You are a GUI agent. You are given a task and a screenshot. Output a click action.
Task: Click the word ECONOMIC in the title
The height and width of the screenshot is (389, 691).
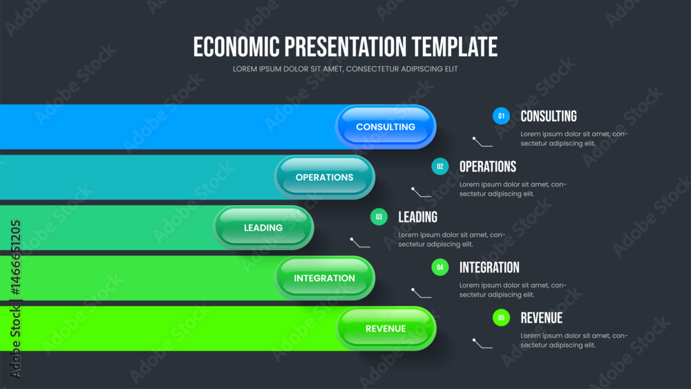(236, 47)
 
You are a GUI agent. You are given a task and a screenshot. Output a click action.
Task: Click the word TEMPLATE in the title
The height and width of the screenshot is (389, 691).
(455, 47)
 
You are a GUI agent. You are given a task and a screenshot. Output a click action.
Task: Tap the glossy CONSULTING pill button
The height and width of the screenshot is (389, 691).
(386, 127)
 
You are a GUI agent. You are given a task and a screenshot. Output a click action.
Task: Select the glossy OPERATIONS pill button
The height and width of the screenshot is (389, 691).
(324, 177)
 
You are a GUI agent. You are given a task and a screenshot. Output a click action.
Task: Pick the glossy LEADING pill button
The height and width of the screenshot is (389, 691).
(263, 228)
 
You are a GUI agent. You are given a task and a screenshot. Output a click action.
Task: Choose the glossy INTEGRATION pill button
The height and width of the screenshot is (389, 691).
(324, 278)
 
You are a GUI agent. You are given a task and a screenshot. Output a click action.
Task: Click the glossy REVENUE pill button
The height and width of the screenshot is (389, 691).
(386, 329)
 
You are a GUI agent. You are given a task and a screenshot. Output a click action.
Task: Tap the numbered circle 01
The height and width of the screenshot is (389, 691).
(501, 116)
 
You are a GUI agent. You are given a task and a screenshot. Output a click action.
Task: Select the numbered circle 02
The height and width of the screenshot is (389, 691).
(439, 167)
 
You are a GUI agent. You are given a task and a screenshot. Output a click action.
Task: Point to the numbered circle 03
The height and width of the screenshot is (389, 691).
(379, 217)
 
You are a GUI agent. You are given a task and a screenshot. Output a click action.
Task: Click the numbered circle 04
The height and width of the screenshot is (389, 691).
(439, 267)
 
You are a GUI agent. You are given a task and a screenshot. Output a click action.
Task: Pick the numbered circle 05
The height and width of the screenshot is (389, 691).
(501, 318)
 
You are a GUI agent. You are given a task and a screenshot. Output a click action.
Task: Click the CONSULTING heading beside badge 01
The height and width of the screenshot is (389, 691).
(549, 116)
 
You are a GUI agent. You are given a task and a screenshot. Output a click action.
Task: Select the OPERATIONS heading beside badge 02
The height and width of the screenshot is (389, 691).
(488, 167)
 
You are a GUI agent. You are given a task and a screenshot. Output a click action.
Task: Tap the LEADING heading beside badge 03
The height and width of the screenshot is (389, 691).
(418, 217)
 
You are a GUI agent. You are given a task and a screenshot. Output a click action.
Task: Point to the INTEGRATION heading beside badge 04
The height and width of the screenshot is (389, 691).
(489, 267)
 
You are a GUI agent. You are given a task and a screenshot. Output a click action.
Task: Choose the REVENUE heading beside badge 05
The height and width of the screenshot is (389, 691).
(542, 318)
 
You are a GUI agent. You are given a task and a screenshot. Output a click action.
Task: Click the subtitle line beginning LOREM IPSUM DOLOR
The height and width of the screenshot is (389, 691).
(345, 69)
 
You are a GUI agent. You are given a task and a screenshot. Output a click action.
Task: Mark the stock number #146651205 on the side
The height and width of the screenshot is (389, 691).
(15, 258)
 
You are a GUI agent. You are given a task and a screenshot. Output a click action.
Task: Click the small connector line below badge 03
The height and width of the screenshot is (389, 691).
(360, 243)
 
